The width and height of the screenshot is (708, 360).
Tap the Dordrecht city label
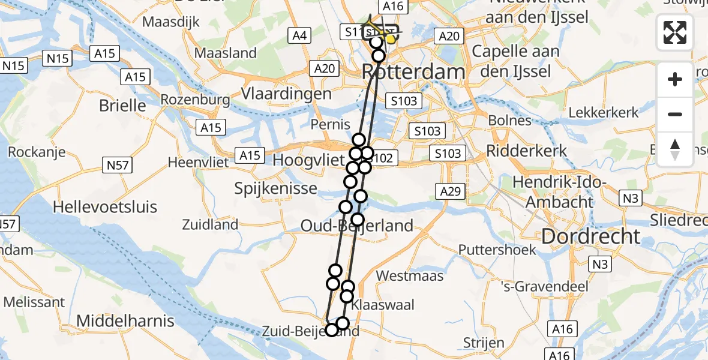click(590, 236)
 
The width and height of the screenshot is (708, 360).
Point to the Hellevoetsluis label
click(105, 207)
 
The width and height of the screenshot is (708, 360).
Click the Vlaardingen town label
click(286, 94)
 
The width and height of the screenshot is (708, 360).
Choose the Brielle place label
click(122, 106)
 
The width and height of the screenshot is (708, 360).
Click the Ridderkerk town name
click(526, 150)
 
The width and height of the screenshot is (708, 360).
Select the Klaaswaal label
click(382, 305)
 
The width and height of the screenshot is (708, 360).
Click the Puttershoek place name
click(497, 249)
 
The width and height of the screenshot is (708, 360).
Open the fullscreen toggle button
click(675, 32)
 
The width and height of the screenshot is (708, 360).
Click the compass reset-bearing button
click(675, 149)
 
